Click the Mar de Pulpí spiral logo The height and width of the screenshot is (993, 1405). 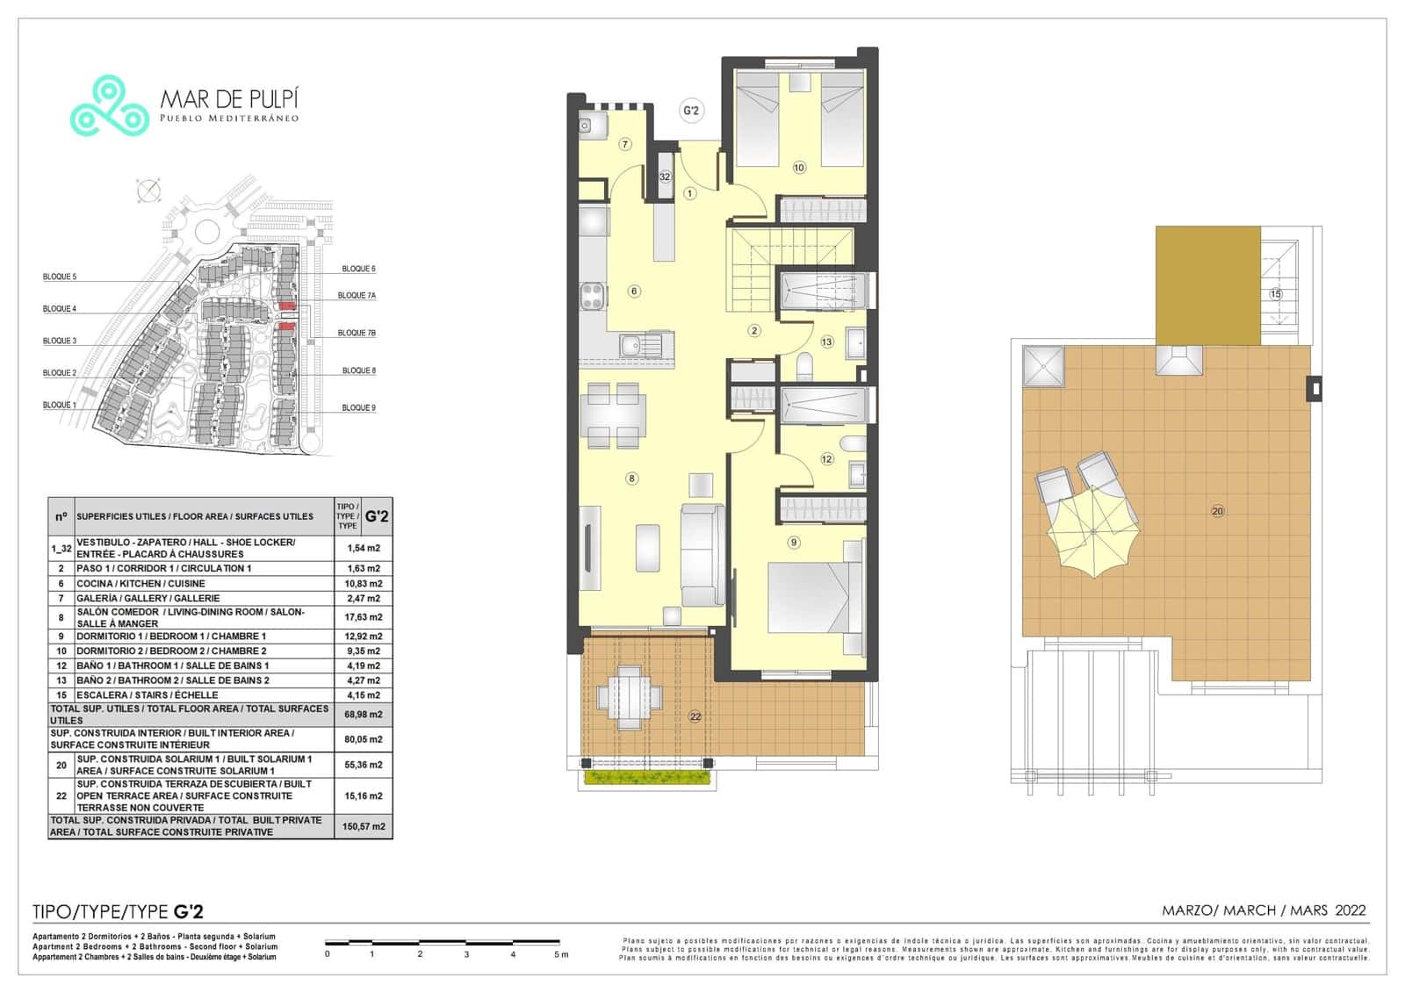[109, 107]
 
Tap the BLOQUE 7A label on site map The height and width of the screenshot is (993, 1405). [357, 296]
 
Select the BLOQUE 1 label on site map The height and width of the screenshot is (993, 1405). [59, 405]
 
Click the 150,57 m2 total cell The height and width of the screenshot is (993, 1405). [364, 826]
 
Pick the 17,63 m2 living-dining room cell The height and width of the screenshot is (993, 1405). [364, 617]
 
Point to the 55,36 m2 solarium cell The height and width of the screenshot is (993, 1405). [364, 765]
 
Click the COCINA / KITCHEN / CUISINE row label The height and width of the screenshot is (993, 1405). [140, 583]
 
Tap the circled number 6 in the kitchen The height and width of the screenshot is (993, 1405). [633, 291]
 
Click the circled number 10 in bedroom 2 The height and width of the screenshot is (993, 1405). [798, 167]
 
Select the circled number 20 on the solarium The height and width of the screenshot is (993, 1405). [1217, 511]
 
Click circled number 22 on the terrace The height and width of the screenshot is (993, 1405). [695, 716]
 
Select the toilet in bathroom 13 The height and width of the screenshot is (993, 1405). [805, 363]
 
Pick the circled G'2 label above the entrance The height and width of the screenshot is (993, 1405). [691, 111]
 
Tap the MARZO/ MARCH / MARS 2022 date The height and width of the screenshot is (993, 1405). [1264, 910]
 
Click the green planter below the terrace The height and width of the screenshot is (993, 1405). [646, 778]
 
